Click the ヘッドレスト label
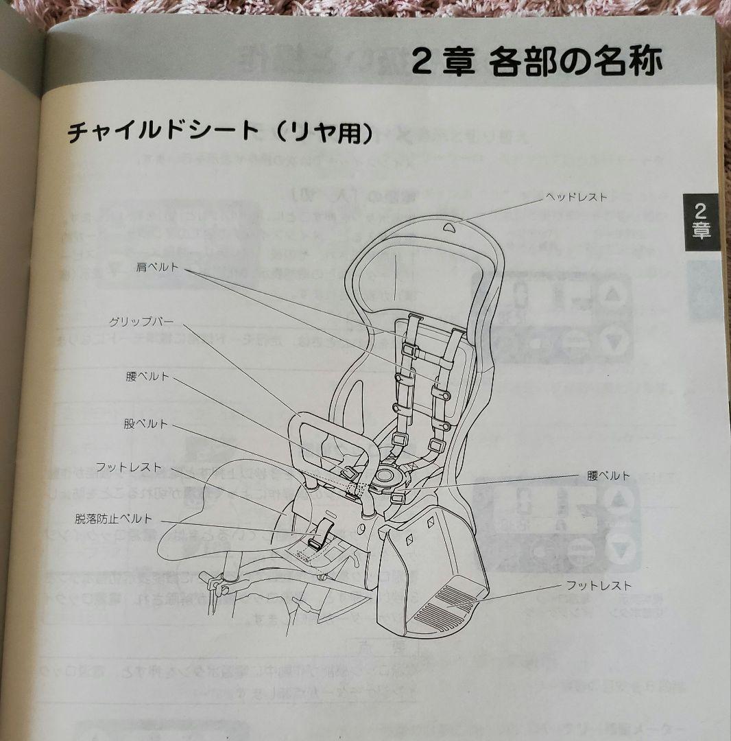[x=576, y=198]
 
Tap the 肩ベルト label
[x=158, y=268]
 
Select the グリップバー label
[x=141, y=321]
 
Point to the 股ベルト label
[x=146, y=424]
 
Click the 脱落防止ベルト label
[x=114, y=519]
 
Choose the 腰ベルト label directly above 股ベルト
[x=147, y=377]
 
